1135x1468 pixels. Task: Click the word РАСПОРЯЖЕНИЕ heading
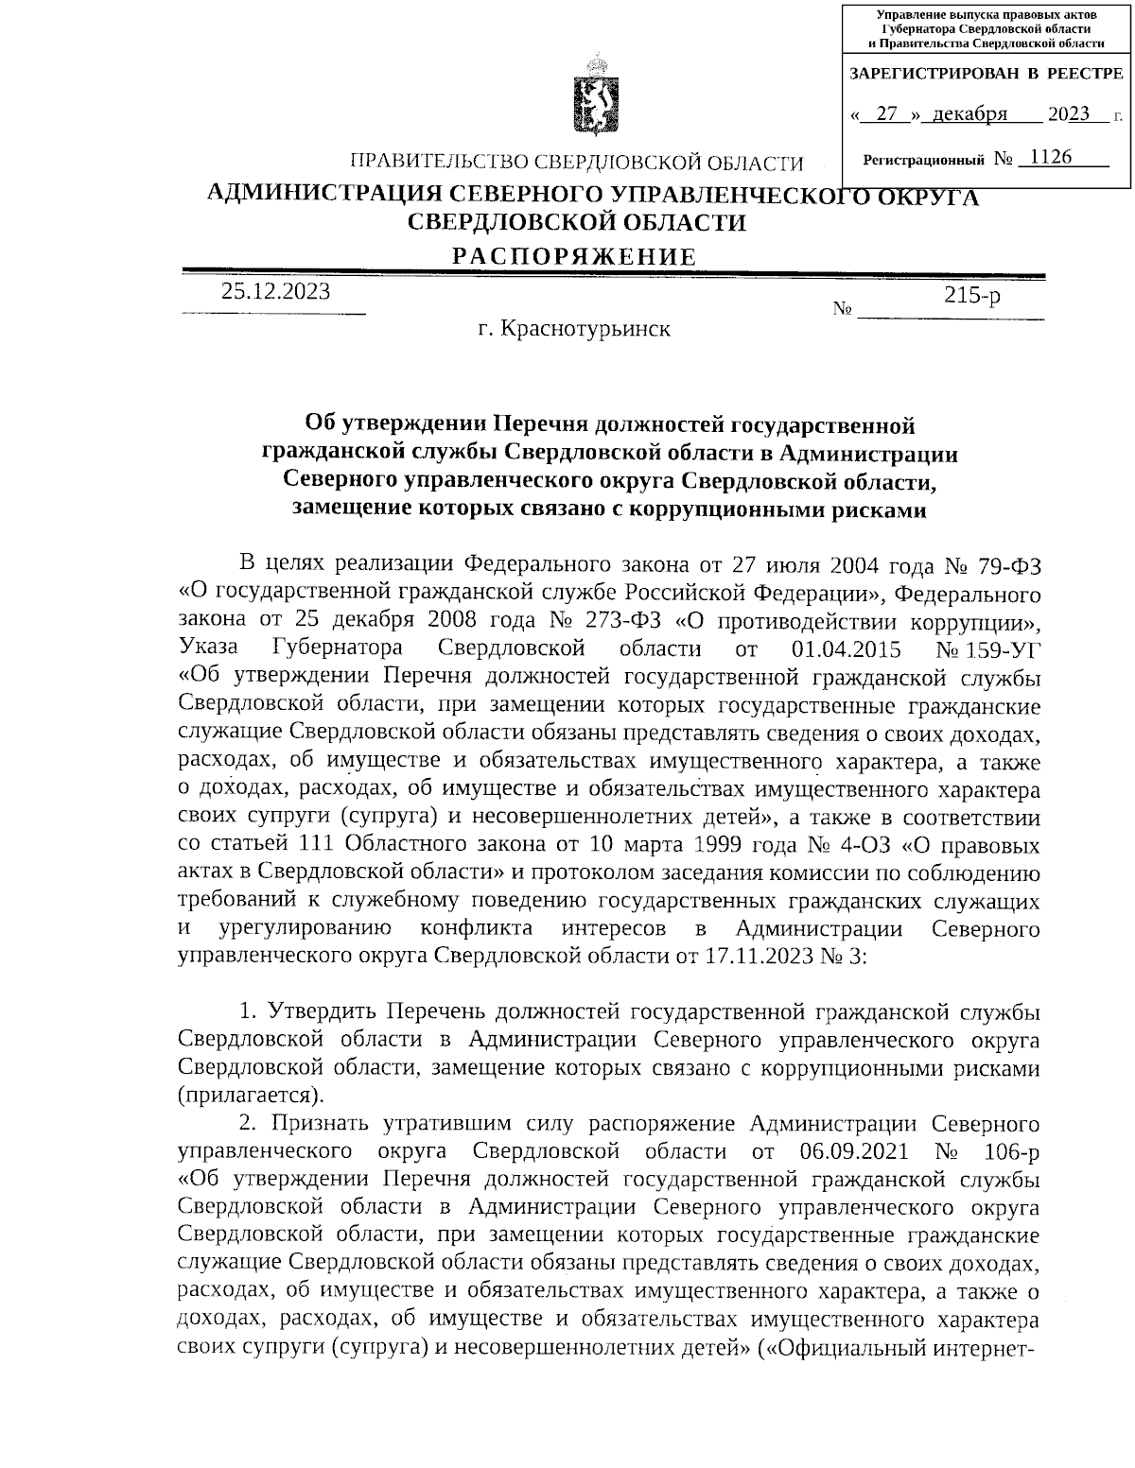[x=574, y=257]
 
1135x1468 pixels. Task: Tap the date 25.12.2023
[x=276, y=292]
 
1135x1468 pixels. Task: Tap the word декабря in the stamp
[x=969, y=115]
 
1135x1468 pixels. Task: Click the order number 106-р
[x=1008, y=1152]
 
